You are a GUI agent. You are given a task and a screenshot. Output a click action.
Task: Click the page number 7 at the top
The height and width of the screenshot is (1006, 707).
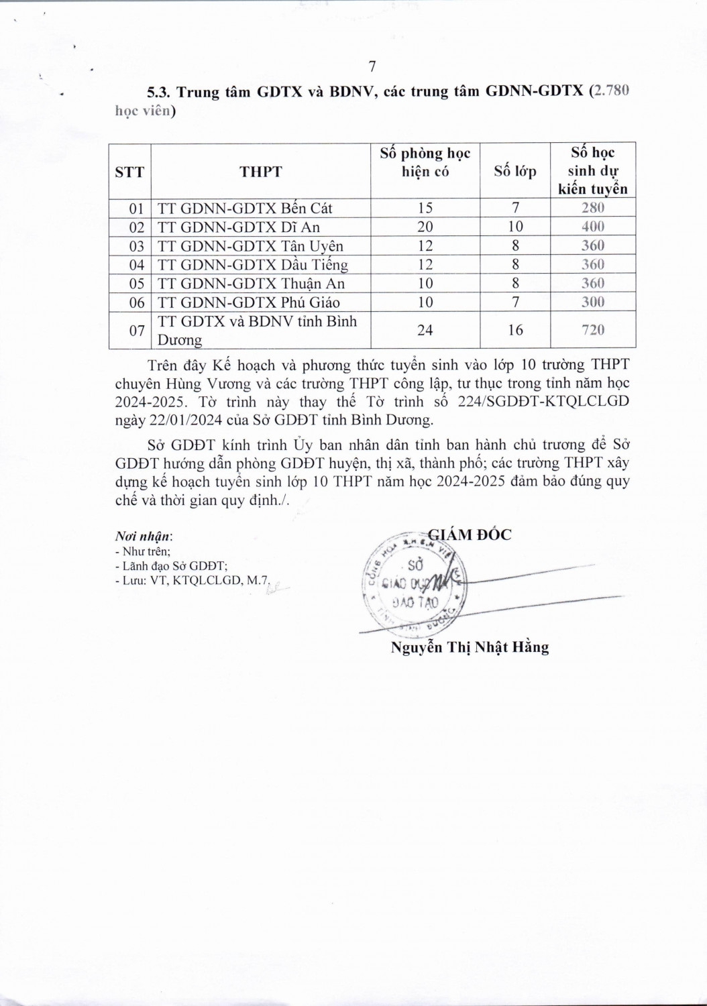pos(372,66)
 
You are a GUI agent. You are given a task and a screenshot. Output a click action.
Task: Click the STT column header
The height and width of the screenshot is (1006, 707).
pos(129,171)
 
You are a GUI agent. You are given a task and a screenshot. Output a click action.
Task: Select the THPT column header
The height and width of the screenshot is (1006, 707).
pos(261,171)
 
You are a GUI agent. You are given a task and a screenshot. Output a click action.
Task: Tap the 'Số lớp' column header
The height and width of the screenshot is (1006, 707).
pos(515,171)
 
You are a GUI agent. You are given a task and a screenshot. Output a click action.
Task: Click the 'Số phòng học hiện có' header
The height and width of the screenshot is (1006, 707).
pos(425,162)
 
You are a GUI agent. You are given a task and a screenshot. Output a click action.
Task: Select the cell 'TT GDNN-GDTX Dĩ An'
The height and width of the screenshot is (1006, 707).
pos(239,227)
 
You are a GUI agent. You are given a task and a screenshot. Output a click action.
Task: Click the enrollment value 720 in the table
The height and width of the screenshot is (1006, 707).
pos(593,329)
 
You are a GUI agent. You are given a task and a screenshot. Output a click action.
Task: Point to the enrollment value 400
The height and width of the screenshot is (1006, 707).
pos(593,227)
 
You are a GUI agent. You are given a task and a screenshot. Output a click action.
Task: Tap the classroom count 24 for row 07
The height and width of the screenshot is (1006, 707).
pos(425,329)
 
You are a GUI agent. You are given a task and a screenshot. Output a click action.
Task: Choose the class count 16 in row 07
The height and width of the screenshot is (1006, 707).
pos(515,329)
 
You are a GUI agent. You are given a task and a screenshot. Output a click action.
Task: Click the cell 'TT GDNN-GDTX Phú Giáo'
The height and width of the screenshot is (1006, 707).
pos(249,302)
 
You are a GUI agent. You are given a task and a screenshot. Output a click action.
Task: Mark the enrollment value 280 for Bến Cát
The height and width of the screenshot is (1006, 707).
pos(593,208)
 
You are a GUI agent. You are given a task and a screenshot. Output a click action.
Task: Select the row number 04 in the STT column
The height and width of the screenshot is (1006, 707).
pos(136,264)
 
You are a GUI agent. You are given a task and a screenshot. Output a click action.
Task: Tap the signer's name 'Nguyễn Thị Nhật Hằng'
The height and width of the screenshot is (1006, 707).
pos(470,647)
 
